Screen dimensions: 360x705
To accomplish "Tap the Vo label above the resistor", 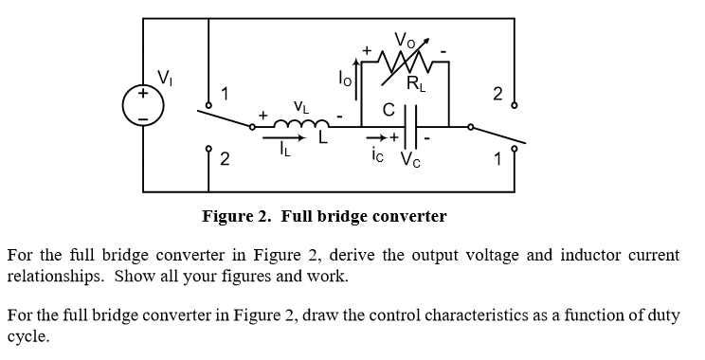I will click(405, 41).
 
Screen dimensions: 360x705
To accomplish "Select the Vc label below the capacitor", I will click(415, 158).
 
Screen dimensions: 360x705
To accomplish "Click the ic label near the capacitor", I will click(379, 157).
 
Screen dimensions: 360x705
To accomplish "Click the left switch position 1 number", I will click(224, 93).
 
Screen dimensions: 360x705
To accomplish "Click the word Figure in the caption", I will click(226, 216).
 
